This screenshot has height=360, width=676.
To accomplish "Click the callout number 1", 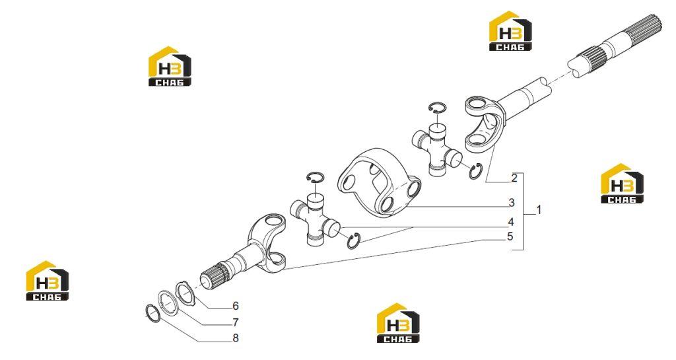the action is pos(539,211).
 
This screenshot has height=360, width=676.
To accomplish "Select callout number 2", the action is pos(514,178).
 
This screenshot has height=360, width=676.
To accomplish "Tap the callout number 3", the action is pos(512,202).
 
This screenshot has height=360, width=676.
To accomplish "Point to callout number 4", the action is pos(511,222).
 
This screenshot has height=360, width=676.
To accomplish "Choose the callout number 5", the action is pos(510,236).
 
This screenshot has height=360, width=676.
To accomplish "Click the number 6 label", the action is pos(236,306).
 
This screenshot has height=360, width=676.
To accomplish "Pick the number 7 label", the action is pos(236,322).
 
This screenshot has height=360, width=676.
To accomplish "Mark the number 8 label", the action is pos(236,338).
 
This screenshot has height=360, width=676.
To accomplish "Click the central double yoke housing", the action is pos(380,181).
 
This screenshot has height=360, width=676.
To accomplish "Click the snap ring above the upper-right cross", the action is pos(438,108).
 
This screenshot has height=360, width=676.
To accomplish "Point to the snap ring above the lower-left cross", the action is pos(316,177).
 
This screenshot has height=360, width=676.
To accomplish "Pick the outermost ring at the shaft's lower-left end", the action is pos(153,312).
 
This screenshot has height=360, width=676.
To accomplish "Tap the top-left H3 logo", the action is pos(170,66).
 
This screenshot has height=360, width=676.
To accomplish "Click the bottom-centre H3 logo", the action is pos(398,323).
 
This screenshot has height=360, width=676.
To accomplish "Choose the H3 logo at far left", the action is pos(48,281).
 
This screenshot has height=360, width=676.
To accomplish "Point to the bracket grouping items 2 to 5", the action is pos(523,211).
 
